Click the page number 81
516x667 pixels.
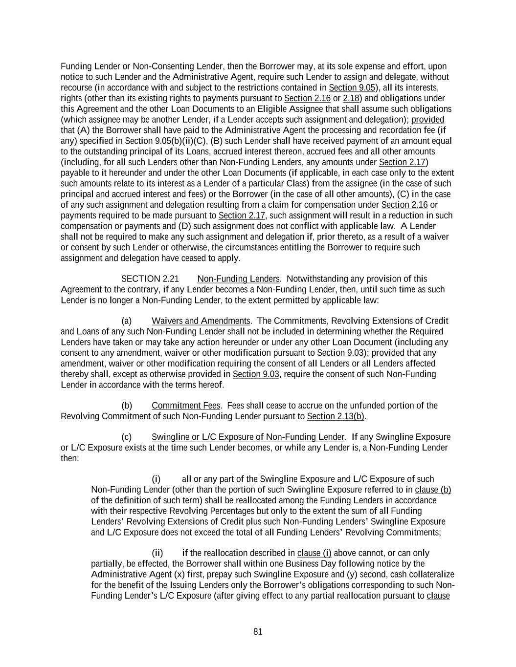click(258, 632)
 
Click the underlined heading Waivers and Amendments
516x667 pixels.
click(201, 321)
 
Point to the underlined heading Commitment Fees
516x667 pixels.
click(186, 406)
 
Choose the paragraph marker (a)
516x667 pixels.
click(127, 321)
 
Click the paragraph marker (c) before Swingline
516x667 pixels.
click(127, 437)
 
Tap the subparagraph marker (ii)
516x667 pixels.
click(157, 553)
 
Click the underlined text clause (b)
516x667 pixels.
click(433, 490)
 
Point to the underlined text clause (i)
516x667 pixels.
click(314, 553)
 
